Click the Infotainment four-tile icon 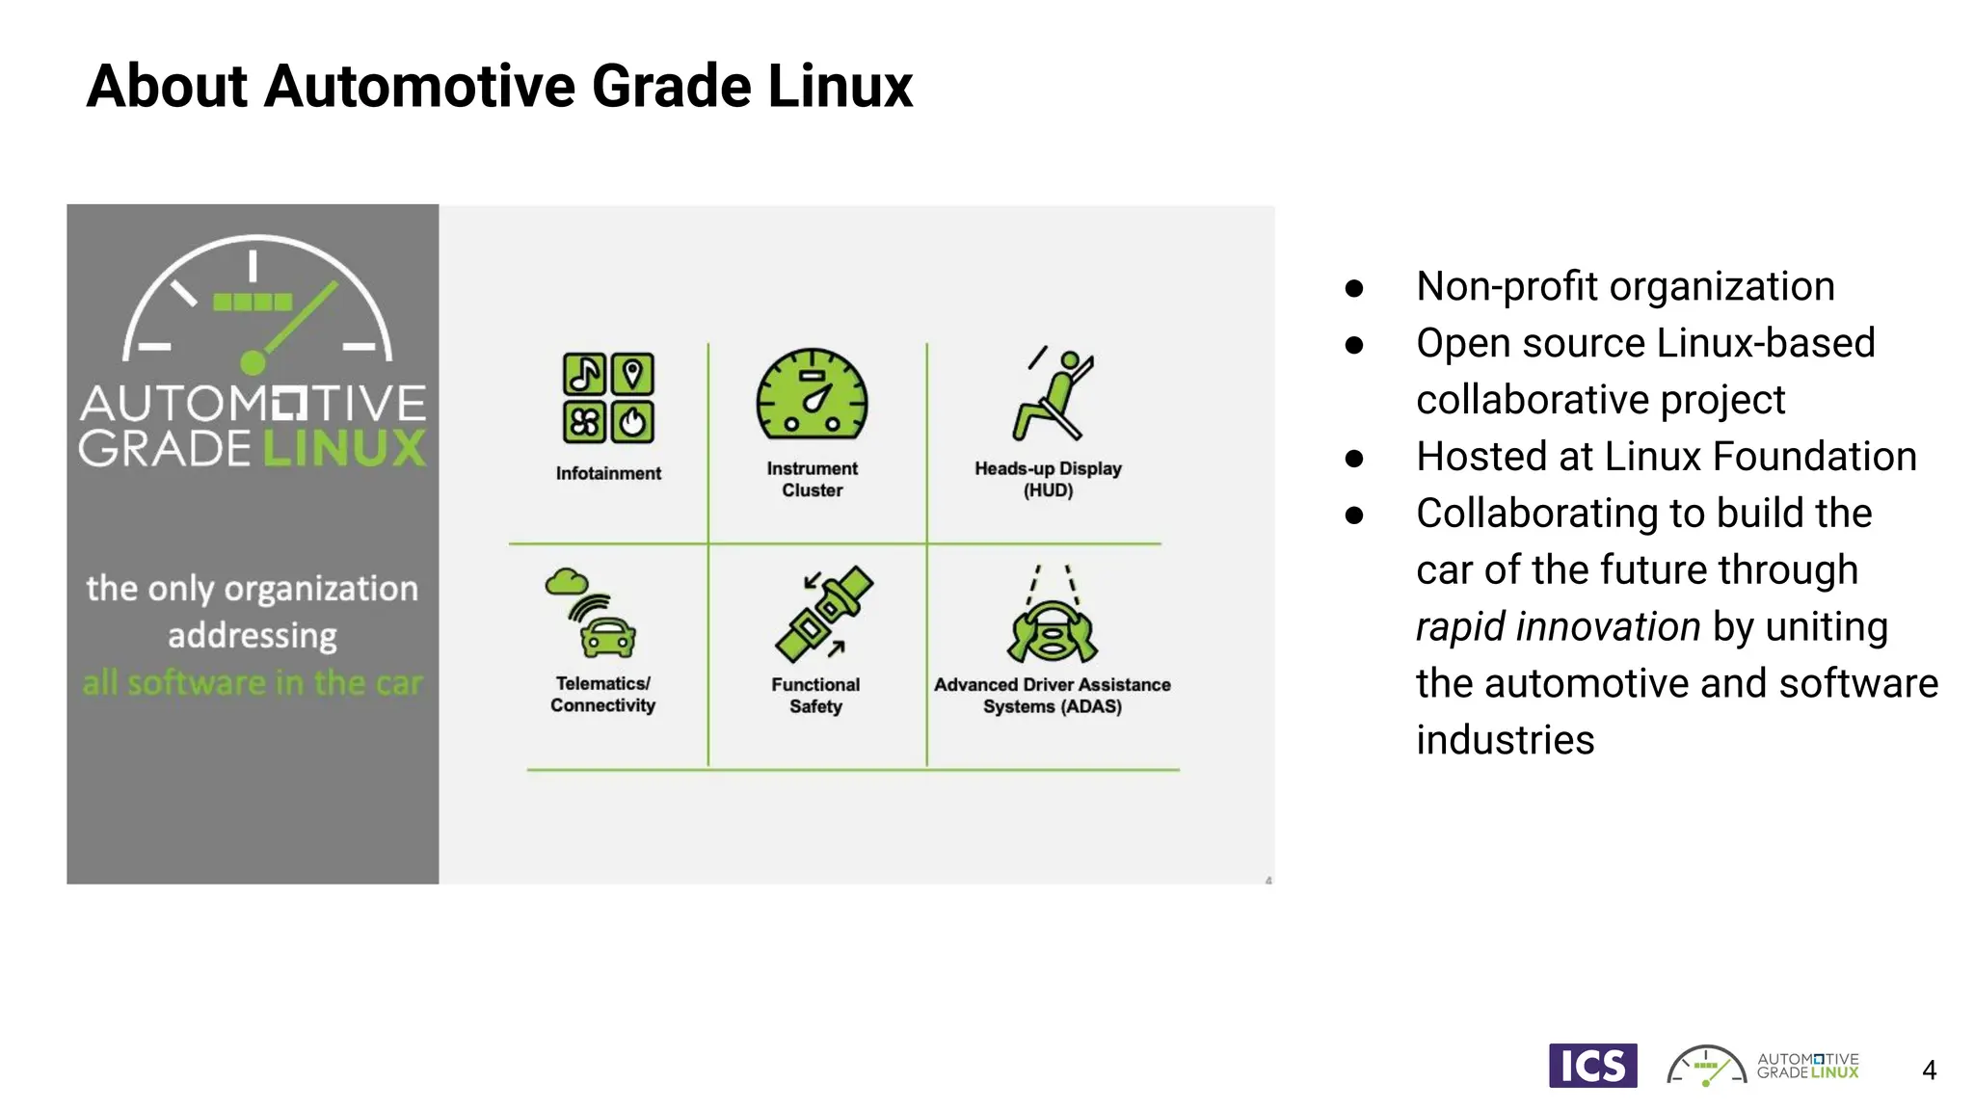click(608, 398)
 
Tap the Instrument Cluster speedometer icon click(812, 396)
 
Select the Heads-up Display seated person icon click(1053, 395)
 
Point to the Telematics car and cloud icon click(591, 613)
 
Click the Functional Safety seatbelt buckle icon click(824, 614)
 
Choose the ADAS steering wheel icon click(1052, 617)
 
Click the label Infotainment click(608, 473)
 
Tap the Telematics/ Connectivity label click(603, 694)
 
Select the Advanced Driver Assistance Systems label click(1052, 695)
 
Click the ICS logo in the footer click(1592, 1066)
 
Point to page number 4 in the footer click(1929, 1070)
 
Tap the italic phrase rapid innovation click(1558, 627)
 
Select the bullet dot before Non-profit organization click(1354, 288)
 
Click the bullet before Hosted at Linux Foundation click(1354, 459)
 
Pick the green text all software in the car click(253, 682)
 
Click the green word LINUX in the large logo click(343, 449)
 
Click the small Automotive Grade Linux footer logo click(1763, 1066)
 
